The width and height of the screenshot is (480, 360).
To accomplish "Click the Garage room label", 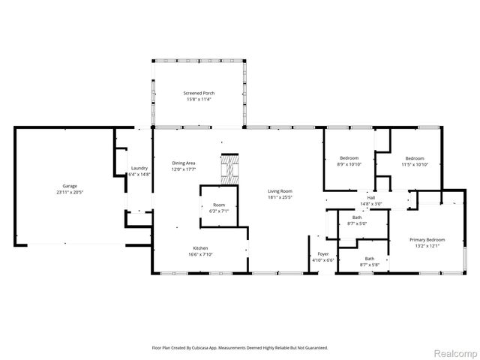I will coord(69,186).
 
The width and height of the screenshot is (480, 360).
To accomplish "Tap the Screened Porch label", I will coord(198,93).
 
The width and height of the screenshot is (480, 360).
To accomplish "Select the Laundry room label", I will coord(139,168).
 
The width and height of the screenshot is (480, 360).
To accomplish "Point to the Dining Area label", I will coord(184,163).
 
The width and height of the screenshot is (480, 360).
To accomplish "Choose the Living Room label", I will coord(280,191).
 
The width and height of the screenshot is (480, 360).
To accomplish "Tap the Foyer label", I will coord(323,254).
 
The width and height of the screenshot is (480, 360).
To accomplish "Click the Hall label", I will coord(370,198).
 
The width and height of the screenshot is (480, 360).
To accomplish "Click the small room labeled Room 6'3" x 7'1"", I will coord(219,205).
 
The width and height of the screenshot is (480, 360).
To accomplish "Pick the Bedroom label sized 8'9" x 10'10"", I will coord(349,158).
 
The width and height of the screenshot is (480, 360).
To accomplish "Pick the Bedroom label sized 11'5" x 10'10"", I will coord(415,158).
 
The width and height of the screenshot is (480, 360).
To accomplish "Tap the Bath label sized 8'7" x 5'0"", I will coord(357,217).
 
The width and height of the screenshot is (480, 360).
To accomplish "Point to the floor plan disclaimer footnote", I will coord(240,348).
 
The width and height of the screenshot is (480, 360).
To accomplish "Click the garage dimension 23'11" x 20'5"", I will coord(69,192).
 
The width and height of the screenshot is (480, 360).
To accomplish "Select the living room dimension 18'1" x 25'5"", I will coord(280,197).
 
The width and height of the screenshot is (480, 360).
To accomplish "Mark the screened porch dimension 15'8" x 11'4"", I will coord(198,99).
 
